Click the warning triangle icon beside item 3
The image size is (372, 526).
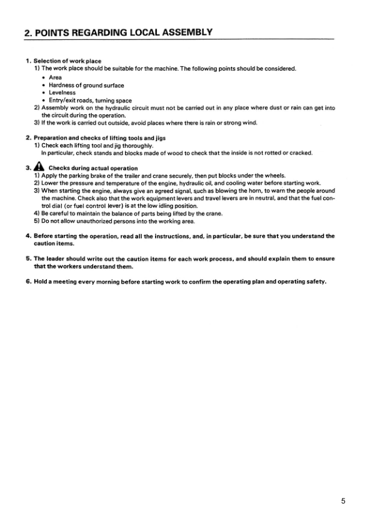(38, 167)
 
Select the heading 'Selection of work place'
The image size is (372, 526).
(68, 61)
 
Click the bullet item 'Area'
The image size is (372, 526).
(55, 77)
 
